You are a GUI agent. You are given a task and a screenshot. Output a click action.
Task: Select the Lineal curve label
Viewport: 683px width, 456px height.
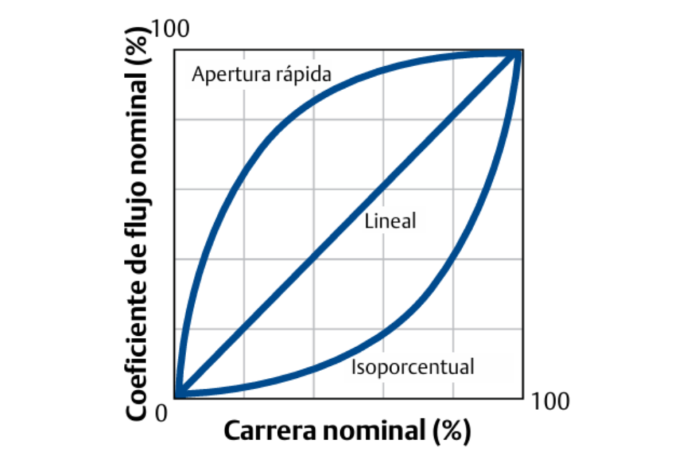pyautogui.click(x=390, y=222)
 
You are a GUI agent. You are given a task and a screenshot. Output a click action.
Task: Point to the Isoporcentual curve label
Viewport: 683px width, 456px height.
pyautogui.click(x=412, y=367)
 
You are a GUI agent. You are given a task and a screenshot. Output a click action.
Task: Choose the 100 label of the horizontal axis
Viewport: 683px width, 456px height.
pyautogui.click(x=551, y=401)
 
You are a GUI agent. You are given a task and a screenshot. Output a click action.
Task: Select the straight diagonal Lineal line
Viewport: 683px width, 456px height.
pyautogui.click(x=313, y=258)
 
